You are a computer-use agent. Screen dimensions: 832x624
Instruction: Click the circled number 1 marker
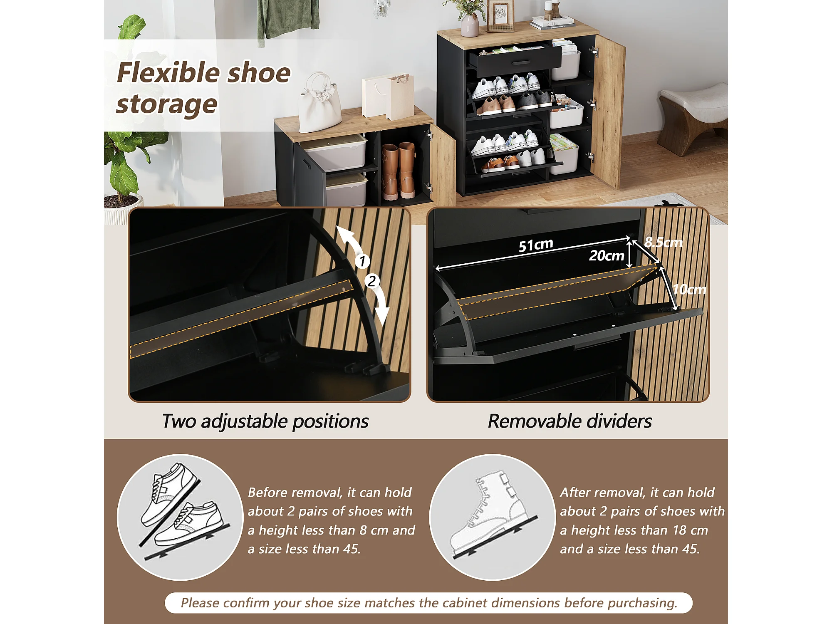tap(362, 261)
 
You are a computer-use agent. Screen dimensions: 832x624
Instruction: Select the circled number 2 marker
tap(372, 281)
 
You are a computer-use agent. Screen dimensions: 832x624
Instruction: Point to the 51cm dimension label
tap(536, 245)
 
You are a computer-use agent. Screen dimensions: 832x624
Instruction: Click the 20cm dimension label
tap(607, 255)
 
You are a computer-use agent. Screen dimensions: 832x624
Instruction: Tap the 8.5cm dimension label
tap(664, 242)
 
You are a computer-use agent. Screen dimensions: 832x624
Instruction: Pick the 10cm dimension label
tap(689, 289)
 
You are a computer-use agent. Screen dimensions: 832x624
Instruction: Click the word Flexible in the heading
tap(168, 73)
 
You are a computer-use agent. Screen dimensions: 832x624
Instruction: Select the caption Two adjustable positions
tap(265, 421)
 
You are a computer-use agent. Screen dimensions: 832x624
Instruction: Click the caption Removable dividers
tap(570, 421)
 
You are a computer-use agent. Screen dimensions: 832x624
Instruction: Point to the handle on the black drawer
tap(521, 63)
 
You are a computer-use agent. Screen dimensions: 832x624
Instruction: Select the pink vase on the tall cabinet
tap(470, 25)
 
